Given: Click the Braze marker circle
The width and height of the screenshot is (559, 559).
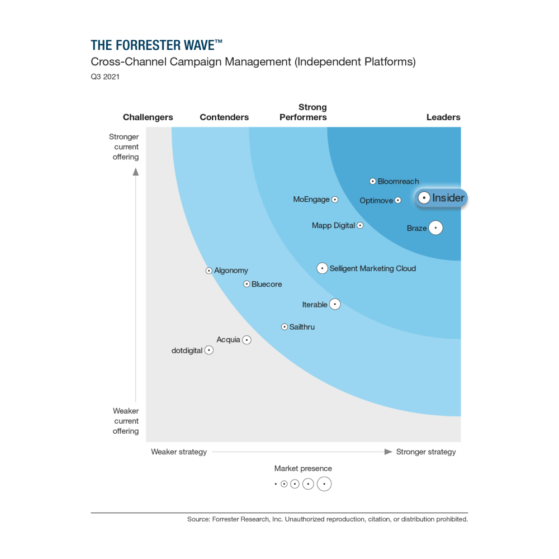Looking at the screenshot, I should tap(435, 228).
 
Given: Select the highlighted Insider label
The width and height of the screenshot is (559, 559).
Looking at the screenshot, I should tap(448, 198).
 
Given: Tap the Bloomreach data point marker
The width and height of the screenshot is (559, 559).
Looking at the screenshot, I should tap(373, 181).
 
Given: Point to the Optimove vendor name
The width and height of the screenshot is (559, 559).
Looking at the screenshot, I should tap(376, 201).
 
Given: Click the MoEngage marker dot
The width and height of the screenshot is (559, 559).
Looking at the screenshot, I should tap(335, 200).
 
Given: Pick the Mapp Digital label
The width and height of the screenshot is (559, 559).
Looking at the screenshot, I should tap(333, 225).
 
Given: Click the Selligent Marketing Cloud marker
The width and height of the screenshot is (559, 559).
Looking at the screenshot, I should tap(322, 268).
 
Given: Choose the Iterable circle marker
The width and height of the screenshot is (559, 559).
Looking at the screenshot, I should tap(335, 304).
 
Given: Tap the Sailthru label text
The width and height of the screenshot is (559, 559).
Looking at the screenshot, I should tap(302, 327).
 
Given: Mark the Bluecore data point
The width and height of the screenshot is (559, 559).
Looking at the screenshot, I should tap(247, 284).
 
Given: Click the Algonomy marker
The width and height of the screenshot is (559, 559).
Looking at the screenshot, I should tap(209, 271).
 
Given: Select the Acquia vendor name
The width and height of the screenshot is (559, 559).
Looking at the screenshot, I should tap(228, 339).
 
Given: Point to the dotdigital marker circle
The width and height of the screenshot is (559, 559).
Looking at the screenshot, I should tap(209, 350).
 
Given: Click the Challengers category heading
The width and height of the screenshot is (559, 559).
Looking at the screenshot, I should tap(148, 117).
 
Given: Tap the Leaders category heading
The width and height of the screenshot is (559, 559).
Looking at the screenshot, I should tap(443, 117).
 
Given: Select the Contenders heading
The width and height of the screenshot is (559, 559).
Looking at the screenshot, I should tap(224, 117).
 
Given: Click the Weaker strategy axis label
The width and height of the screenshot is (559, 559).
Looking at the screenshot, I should tap(179, 452).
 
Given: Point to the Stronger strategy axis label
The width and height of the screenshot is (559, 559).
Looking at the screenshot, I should tap(426, 452).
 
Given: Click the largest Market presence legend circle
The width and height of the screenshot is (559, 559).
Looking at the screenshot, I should tap(324, 484).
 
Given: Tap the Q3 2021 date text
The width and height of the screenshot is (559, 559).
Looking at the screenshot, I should tap(105, 77).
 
